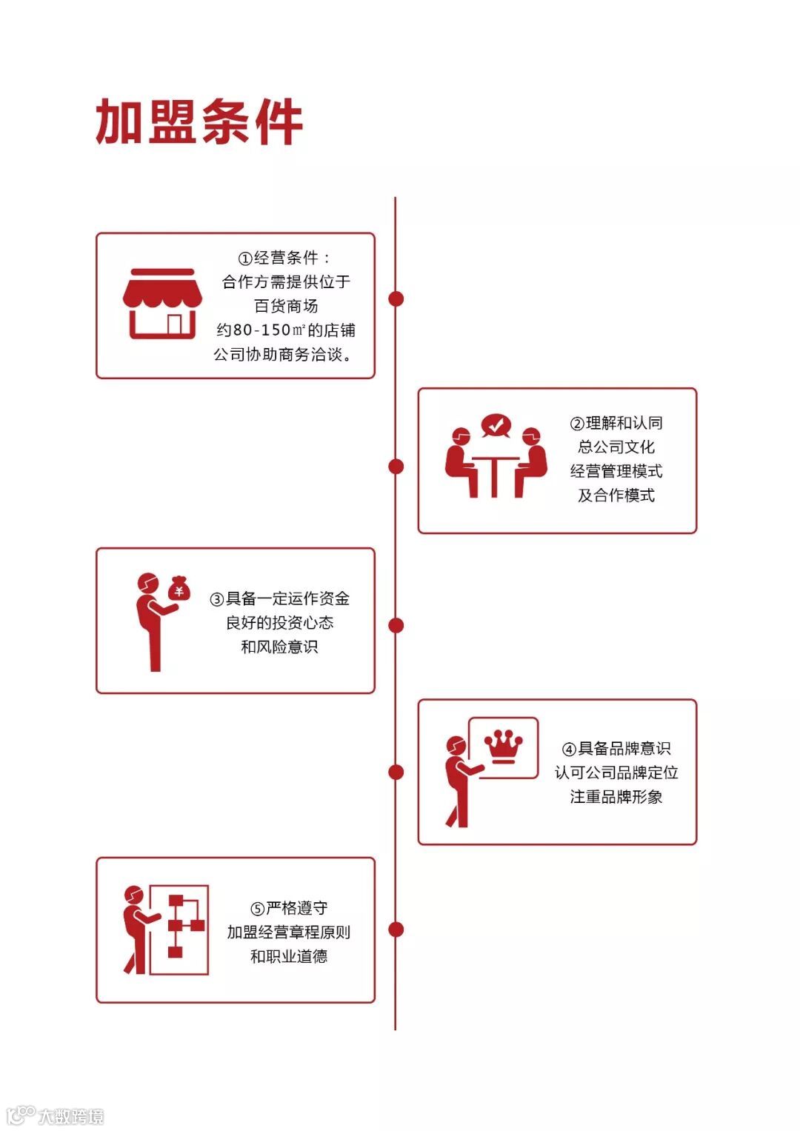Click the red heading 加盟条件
[x=199, y=122]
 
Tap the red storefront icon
[x=162, y=304]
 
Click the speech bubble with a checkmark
[x=496, y=425]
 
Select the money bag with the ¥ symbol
[x=179, y=589]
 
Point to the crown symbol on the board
[x=503, y=745]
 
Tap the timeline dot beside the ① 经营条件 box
[x=396, y=298]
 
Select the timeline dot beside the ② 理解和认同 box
[x=396, y=466]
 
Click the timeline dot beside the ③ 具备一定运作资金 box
[x=396, y=625]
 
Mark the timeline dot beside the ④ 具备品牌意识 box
[x=396, y=772]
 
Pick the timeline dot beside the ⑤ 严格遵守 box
[x=396, y=929]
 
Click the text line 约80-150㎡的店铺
[x=286, y=330]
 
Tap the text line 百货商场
[x=286, y=306]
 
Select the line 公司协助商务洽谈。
[x=283, y=355]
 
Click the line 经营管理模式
[x=616, y=471]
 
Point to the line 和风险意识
[x=279, y=647]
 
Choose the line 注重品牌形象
[x=616, y=797]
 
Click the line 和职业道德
[x=288, y=956]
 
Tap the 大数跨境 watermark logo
[x=56, y=1115]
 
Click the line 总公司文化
[x=616, y=447]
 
